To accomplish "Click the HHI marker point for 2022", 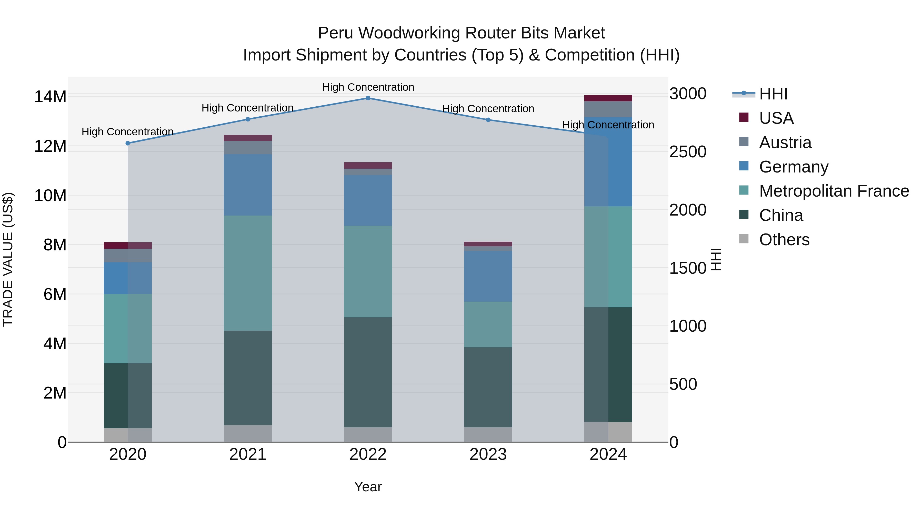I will tap(368, 98).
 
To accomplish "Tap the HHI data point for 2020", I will tap(128, 143).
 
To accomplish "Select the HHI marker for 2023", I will tap(488, 120).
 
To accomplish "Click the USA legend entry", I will tap(776, 118).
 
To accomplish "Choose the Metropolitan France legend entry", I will tap(834, 191).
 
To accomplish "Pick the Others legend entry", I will tap(784, 240).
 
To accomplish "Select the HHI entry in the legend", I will tap(773, 94).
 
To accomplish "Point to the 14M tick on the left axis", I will tap(50, 97).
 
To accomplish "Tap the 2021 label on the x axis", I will tap(248, 454).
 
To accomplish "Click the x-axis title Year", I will tap(368, 487).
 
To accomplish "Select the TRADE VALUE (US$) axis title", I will tap(8, 259).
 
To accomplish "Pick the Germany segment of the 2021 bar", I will tap(248, 185).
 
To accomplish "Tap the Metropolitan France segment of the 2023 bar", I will tap(488, 324).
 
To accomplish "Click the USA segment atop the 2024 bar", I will tap(608, 98).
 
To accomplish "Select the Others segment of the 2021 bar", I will tap(248, 433).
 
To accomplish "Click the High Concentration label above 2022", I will tap(368, 87).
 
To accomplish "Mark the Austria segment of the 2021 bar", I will tap(248, 148).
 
